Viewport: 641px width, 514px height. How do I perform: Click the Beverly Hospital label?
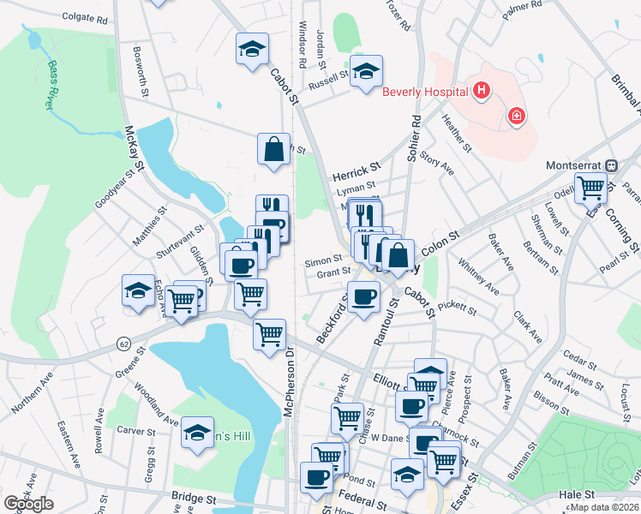(425, 92)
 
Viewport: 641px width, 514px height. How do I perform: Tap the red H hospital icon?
(482, 89)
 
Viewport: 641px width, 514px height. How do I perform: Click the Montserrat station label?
(575, 164)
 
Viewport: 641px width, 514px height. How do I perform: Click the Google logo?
(28, 504)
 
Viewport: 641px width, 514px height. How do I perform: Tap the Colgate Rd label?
(84, 18)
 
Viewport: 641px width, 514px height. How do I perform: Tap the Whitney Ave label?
(478, 277)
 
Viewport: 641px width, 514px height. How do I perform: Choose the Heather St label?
(457, 134)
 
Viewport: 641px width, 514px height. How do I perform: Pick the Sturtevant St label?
(179, 243)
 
